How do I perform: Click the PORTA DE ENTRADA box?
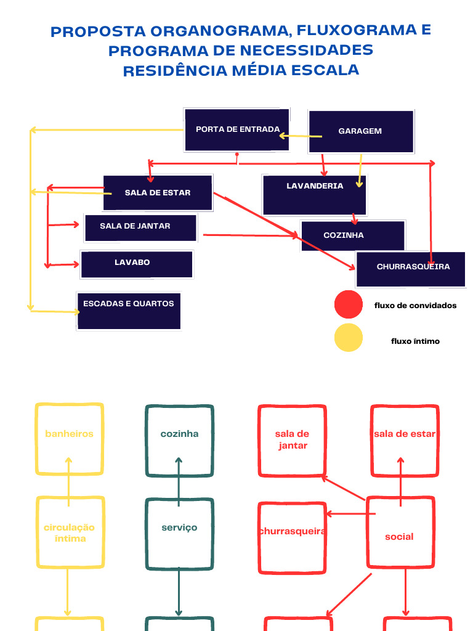coord(237,130)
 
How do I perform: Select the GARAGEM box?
coord(360,131)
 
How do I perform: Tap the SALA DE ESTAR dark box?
coord(158,193)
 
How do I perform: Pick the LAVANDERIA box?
coord(314,195)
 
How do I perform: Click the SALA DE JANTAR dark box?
coord(140,228)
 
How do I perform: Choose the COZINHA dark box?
coord(353,236)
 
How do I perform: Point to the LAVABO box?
coord(137,264)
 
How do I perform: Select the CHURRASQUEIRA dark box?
coord(410,269)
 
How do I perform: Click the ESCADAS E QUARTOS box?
coord(129,311)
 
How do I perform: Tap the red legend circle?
coord(349,304)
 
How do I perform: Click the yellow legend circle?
coord(349,338)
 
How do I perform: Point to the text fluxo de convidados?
coord(416,305)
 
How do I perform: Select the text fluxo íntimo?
coord(416,341)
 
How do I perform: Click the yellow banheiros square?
coord(69,439)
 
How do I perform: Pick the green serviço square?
coord(179,534)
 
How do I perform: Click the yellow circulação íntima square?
coord(70,533)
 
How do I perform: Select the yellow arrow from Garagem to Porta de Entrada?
coord(300,136)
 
